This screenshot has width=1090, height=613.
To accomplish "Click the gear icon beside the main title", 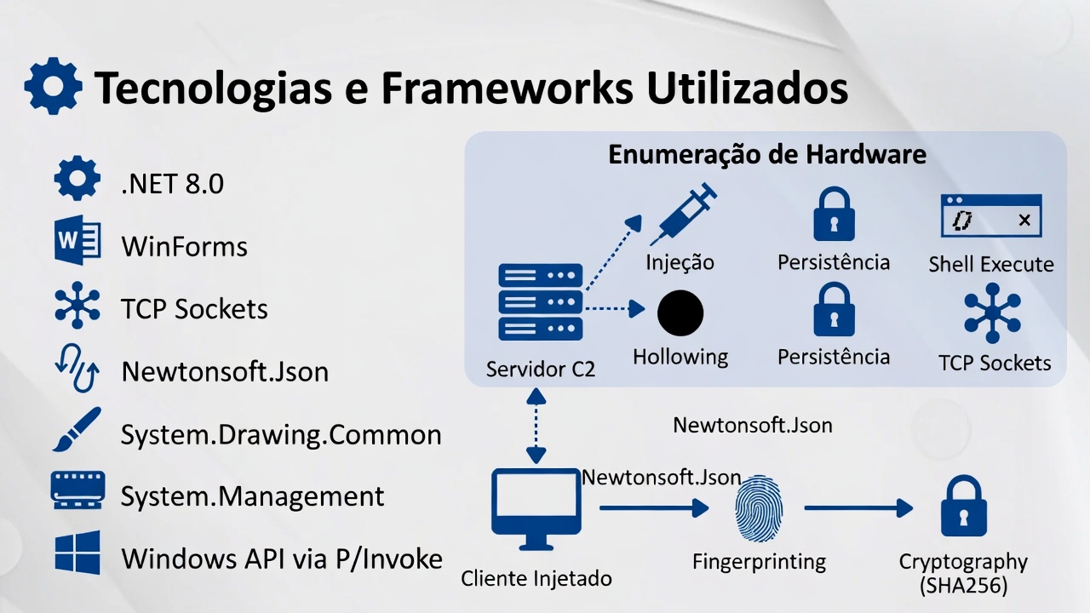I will tap(53, 86).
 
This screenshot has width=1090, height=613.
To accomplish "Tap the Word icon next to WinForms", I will tap(77, 242).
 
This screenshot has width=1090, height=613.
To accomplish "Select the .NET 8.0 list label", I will tap(172, 184).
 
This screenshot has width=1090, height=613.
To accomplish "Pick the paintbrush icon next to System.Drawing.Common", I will tap(77, 429).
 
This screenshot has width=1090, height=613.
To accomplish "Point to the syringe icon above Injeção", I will tap(684, 215).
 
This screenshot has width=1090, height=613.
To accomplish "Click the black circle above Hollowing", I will tap(680, 312).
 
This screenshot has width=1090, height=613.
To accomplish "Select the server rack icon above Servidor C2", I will tap(540, 302).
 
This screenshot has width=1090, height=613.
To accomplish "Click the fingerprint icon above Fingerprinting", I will tap(758, 509).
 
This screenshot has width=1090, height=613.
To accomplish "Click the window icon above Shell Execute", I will tap(990, 216).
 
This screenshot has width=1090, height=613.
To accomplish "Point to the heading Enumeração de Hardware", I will tap(766, 155).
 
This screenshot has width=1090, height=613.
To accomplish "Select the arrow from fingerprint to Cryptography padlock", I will tap(858, 509).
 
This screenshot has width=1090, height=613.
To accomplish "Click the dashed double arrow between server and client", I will tap(536, 426).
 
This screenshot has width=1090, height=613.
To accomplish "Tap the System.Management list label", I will tap(252, 496).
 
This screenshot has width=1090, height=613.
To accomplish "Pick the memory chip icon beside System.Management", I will tap(77, 490).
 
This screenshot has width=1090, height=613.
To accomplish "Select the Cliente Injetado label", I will tap(536, 579).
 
